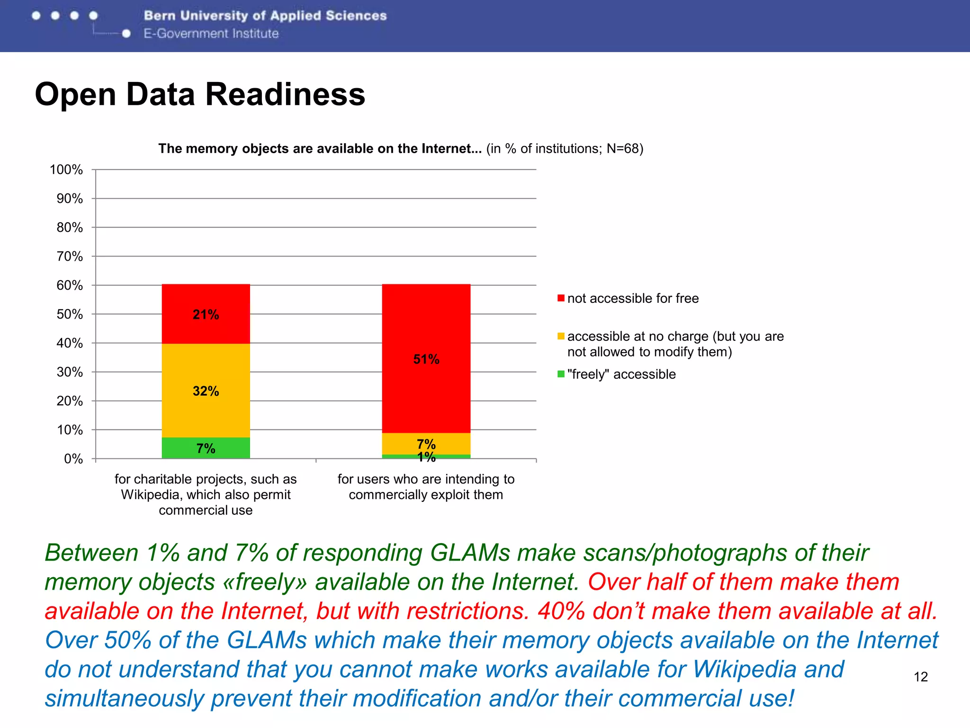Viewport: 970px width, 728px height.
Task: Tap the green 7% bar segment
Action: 206,448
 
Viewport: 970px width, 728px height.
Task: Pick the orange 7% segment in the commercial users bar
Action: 426,444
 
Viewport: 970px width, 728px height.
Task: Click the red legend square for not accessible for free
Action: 561,298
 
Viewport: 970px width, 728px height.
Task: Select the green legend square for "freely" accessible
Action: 561,374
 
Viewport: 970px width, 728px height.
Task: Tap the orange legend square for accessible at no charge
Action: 561,336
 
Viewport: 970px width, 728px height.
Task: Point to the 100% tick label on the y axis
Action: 66,170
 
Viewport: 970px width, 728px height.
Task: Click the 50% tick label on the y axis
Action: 69,314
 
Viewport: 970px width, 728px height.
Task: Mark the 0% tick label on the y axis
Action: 73,459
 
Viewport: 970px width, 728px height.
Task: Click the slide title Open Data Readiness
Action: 200,94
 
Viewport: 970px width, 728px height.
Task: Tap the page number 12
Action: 920,677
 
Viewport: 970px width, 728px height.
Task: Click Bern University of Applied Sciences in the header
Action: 265,16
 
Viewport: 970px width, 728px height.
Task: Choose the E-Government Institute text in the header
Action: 211,34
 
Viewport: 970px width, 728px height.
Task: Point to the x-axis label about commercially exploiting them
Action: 426,487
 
